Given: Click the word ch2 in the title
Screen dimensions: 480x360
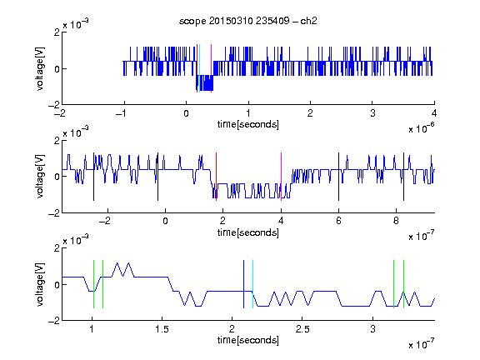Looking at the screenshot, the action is (308, 21).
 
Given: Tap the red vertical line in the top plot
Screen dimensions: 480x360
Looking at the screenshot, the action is (197, 68).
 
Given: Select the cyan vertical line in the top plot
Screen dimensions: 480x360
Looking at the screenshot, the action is (199, 68).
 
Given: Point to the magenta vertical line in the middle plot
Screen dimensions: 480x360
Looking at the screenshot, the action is (281, 177).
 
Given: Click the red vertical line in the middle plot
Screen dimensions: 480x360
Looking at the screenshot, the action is (216, 177).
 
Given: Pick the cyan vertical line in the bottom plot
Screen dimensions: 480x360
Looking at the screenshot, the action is (252, 284).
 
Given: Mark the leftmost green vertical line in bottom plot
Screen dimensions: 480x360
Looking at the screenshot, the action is (93, 284).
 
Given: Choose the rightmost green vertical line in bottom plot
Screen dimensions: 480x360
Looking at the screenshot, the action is (403, 284).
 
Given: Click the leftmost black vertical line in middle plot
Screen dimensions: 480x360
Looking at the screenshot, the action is (93, 177).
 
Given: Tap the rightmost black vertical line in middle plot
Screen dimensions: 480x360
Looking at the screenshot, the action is (403, 177).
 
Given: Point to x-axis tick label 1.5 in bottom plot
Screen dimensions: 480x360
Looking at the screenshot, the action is (162, 329).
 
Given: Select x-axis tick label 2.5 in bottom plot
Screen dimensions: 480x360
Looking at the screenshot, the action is (302, 329).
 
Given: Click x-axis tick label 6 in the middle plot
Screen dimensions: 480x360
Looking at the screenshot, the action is (338, 221).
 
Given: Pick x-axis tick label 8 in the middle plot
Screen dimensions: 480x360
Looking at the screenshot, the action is (396, 221).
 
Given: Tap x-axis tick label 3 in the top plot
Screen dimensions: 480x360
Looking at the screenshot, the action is (372, 113).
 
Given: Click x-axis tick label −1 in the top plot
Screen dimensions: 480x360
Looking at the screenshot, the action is (121, 113).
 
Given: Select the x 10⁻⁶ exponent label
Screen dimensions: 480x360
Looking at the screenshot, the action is (422, 128).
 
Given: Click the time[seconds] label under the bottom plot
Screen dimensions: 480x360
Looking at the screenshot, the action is (248, 340).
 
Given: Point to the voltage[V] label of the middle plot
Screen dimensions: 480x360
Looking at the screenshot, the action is (40, 177).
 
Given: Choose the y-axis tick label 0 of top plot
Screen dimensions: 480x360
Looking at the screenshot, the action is (57, 69).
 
